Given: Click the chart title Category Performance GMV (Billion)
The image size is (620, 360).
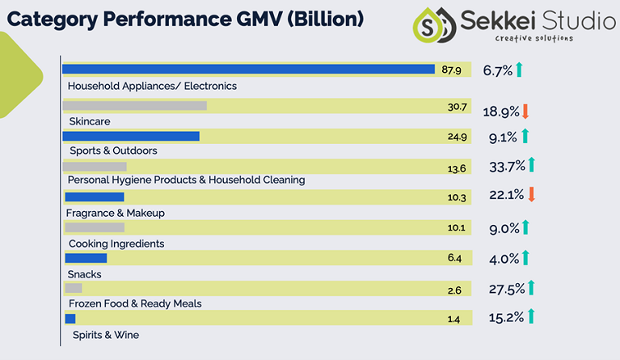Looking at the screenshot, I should [x=185, y=18].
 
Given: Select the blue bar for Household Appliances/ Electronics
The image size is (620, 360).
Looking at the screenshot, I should [x=248, y=70].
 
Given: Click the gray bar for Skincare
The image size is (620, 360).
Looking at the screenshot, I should [x=134, y=105].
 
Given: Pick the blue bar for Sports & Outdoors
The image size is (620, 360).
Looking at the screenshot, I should [x=131, y=136].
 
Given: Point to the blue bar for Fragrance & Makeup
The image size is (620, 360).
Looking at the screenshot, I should [x=94, y=197].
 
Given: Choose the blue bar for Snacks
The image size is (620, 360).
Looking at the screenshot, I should [x=85, y=258].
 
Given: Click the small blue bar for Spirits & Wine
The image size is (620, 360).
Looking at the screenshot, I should [x=70, y=319].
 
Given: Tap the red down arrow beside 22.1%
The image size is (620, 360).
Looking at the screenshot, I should [x=532, y=194].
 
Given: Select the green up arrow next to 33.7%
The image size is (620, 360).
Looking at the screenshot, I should [x=532, y=165].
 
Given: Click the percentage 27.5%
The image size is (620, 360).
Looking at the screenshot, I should [x=506, y=288].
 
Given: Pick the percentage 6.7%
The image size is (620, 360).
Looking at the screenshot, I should [x=497, y=70].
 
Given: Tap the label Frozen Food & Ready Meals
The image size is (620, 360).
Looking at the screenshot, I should [x=134, y=303].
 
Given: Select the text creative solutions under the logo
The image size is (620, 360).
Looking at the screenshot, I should [x=534, y=38].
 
